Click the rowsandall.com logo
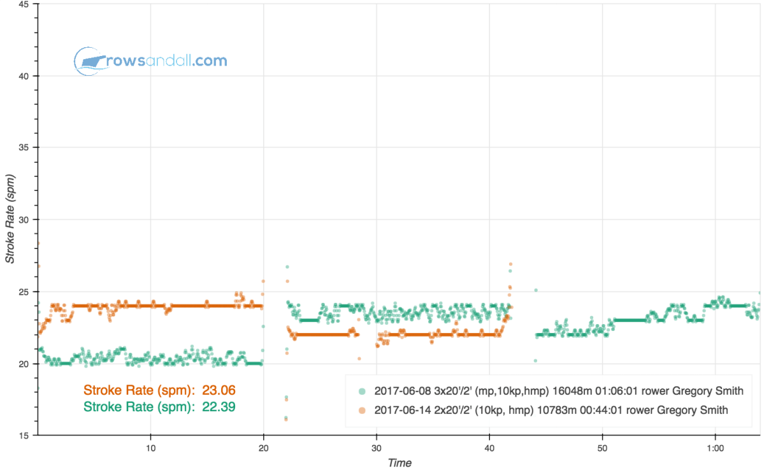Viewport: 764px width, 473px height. tap(150, 61)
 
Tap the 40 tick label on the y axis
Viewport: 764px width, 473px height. tap(26, 76)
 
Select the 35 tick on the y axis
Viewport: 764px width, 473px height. tap(26, 148)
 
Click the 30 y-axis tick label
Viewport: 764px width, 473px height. tap(26, 220)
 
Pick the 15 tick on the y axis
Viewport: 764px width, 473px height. tap(26, 436)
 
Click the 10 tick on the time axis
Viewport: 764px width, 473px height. tap(150, 448)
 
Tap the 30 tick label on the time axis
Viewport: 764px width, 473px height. tap(377, 448)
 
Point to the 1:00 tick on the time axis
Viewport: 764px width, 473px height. tap(715, 448)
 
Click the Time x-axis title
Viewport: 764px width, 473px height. tap(400, 463)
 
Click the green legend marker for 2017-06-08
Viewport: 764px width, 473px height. tap(362, 391)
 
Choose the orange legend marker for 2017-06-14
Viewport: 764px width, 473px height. tap(362, 410)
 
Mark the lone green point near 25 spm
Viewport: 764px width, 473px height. tap(536, 290)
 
